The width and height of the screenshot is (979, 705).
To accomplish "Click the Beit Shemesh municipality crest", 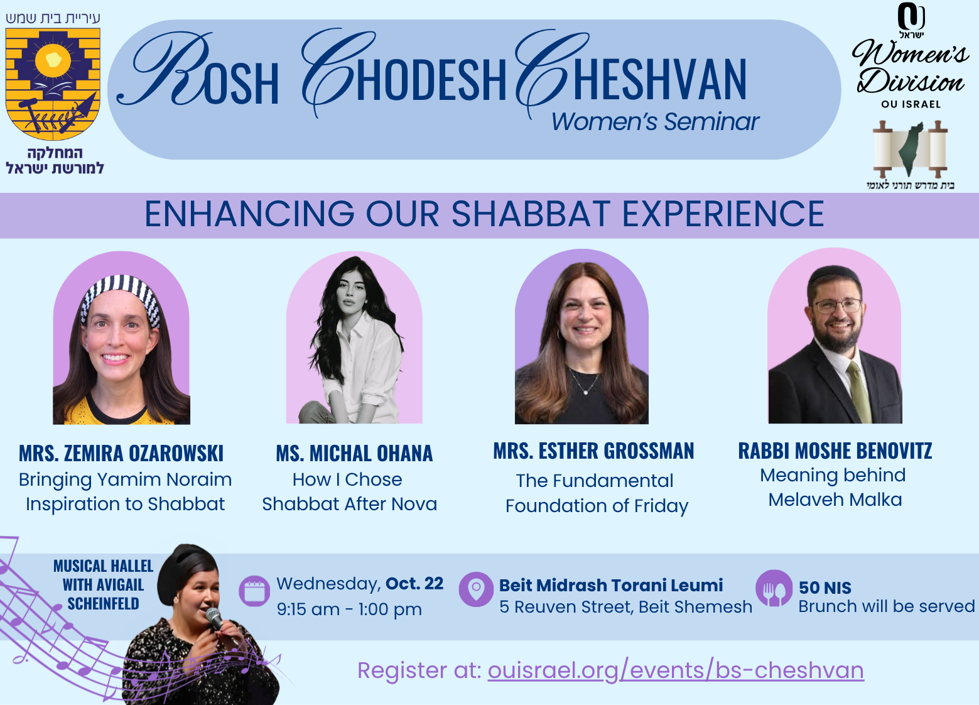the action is pos(53,84).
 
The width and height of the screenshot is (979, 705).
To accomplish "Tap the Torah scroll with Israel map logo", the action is pos(910,149).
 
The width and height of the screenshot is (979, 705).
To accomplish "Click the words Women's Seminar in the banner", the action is pos(655,121).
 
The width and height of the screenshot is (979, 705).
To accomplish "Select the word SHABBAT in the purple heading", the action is pos(531,214).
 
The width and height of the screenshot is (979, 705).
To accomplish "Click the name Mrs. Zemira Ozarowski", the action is pos(121,453).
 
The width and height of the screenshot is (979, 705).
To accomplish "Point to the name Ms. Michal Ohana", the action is pos(354,453).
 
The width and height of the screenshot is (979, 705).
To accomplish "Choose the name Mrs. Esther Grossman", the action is pos(593,451).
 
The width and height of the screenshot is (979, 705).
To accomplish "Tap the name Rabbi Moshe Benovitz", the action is pos(835,451).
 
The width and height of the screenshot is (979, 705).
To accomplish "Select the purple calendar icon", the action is pos(254,591).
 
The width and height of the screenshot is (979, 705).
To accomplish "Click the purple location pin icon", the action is pos(476,589).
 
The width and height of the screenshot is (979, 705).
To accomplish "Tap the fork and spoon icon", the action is pos(774,588).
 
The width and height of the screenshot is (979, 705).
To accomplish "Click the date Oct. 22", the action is pos(414,584).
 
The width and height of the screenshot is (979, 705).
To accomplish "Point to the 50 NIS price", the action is pos(825,587).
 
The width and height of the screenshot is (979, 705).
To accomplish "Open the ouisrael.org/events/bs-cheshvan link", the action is pos(676,670).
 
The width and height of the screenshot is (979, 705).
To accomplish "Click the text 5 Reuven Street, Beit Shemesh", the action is pos(626,606).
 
